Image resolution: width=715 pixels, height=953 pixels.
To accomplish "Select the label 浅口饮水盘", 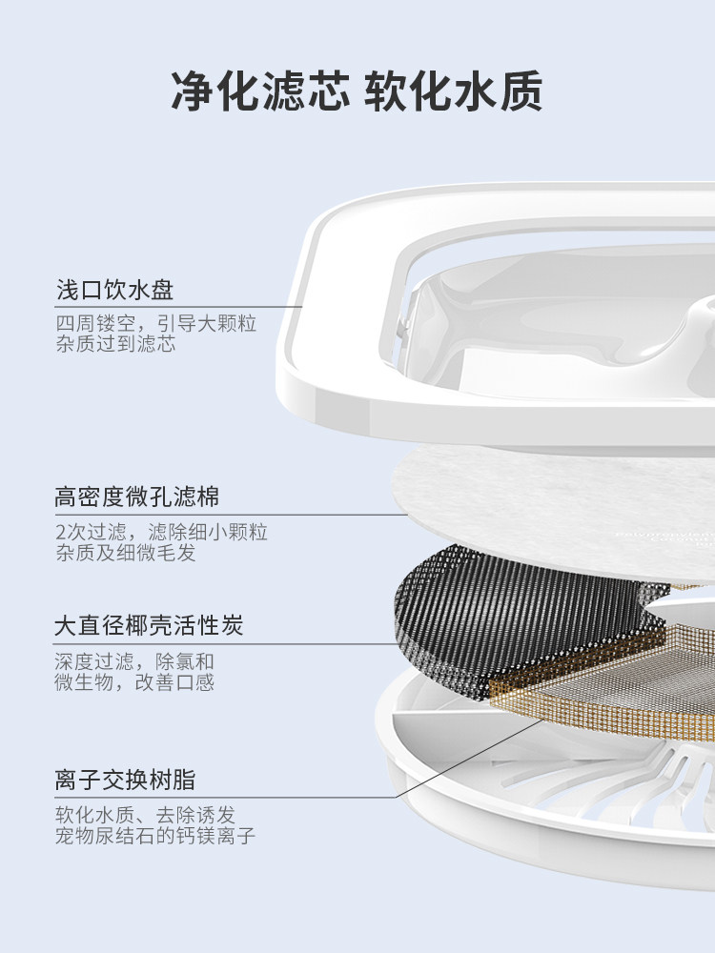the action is tap(114, 290).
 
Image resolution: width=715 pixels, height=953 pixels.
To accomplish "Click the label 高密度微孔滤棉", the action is tap(137, 497).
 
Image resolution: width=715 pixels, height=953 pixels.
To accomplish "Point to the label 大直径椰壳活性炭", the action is tap(149, 626).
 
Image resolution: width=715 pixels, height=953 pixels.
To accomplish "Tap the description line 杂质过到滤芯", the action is tap(115, 344).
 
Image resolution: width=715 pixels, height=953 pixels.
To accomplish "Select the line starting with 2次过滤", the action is tap(161, 531).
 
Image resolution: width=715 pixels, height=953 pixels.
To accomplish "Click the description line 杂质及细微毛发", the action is tap(125, 552).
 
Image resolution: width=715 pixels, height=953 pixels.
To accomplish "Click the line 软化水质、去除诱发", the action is tap(145, 815).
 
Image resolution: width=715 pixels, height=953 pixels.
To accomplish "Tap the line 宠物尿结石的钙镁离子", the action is tap(155, 836).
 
